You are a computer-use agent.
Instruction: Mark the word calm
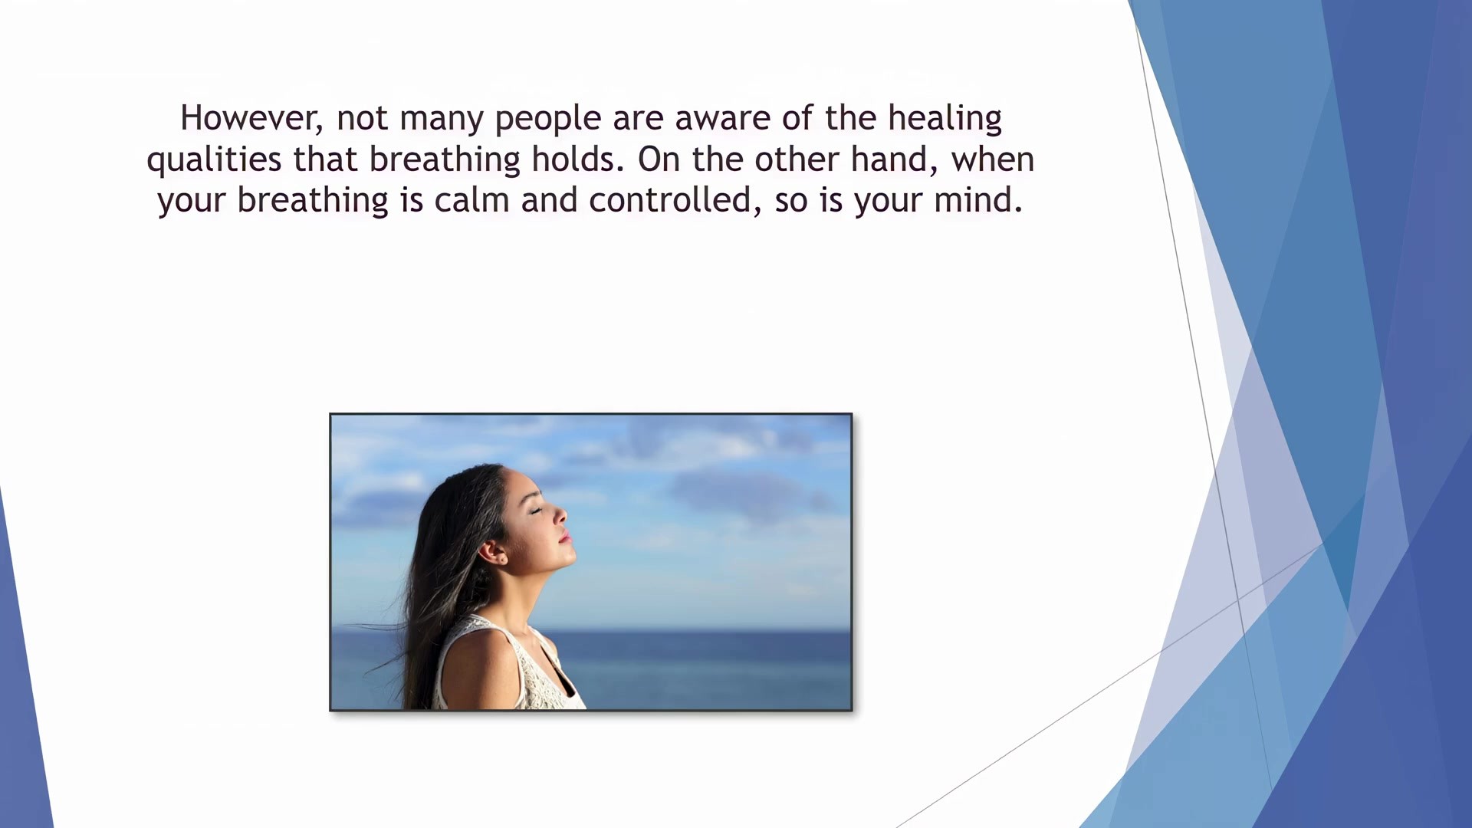pyautogui.click(x=472, y=201)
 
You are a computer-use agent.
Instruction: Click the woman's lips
pyautogui.click(x=567, y=537)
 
